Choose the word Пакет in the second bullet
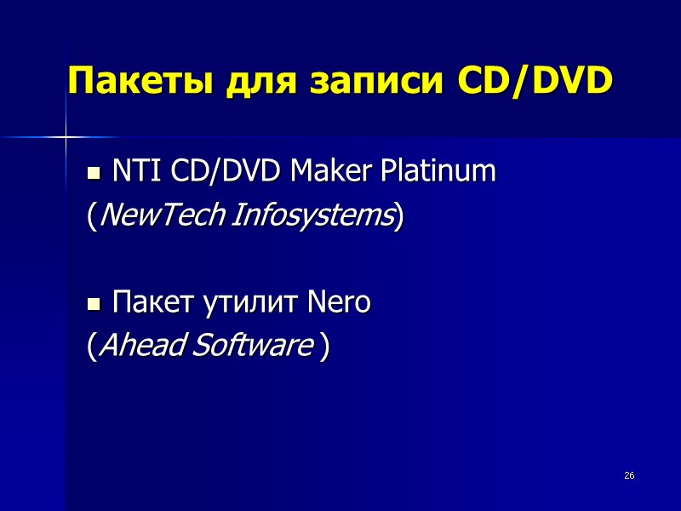coord(146,302)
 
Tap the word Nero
coord(338,302)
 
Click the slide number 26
coord(630,474)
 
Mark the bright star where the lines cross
coord(66,135)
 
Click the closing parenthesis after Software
coord(323,347)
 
